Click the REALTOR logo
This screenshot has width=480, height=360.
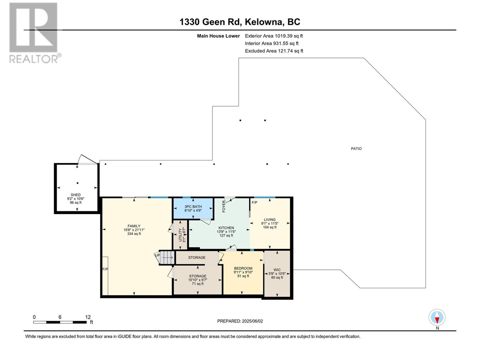click(x=35, y=33)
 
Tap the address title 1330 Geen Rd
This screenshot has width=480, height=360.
click(x=210, y=22)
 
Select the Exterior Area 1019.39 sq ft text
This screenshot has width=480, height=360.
click(x=274, y=36)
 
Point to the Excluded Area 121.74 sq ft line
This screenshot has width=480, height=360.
click(x=274, y=51)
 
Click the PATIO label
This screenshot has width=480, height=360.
click(x=356, y=148)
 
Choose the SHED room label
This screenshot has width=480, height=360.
click(x=75, y=195)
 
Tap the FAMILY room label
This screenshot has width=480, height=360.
click(x=134, y=226)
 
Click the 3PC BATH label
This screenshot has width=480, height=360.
click(x=193, y=207)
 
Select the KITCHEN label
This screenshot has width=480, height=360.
click(x=226, y=228)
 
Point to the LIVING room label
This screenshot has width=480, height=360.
click(x=270, y=220)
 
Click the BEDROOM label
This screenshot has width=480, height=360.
click(x=243, y=268)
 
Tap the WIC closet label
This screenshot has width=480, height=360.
click(x=277, y=270)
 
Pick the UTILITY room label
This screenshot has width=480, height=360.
click(x=180, y=235)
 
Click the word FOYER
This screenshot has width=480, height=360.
click(x=224, y=206)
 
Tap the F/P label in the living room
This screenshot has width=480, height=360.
click(x=254, y=202)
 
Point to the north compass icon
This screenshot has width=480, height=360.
click(x=437, y=317)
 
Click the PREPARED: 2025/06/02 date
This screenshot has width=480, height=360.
click(x=240, y=321)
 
